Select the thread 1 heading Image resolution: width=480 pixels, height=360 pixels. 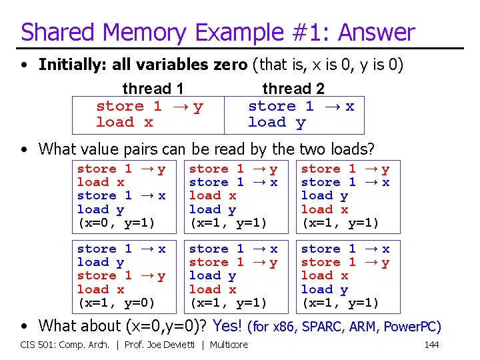click(x=153, y=89)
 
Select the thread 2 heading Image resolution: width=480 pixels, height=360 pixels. click(x=293, y=89)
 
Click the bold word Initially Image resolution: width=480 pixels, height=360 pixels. click(x=68, y=65)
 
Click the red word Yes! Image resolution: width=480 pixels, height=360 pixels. click(x=227, y=325)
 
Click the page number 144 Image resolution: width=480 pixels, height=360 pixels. click(x=431, y=345)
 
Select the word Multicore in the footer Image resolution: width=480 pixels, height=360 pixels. click(x=229, y=345)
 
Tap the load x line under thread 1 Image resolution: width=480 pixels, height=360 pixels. click(x=125, y=122)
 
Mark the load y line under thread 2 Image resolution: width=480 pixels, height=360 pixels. click(x=277, y=122)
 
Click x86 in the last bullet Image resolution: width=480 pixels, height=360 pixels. click(x=285, y=326)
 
